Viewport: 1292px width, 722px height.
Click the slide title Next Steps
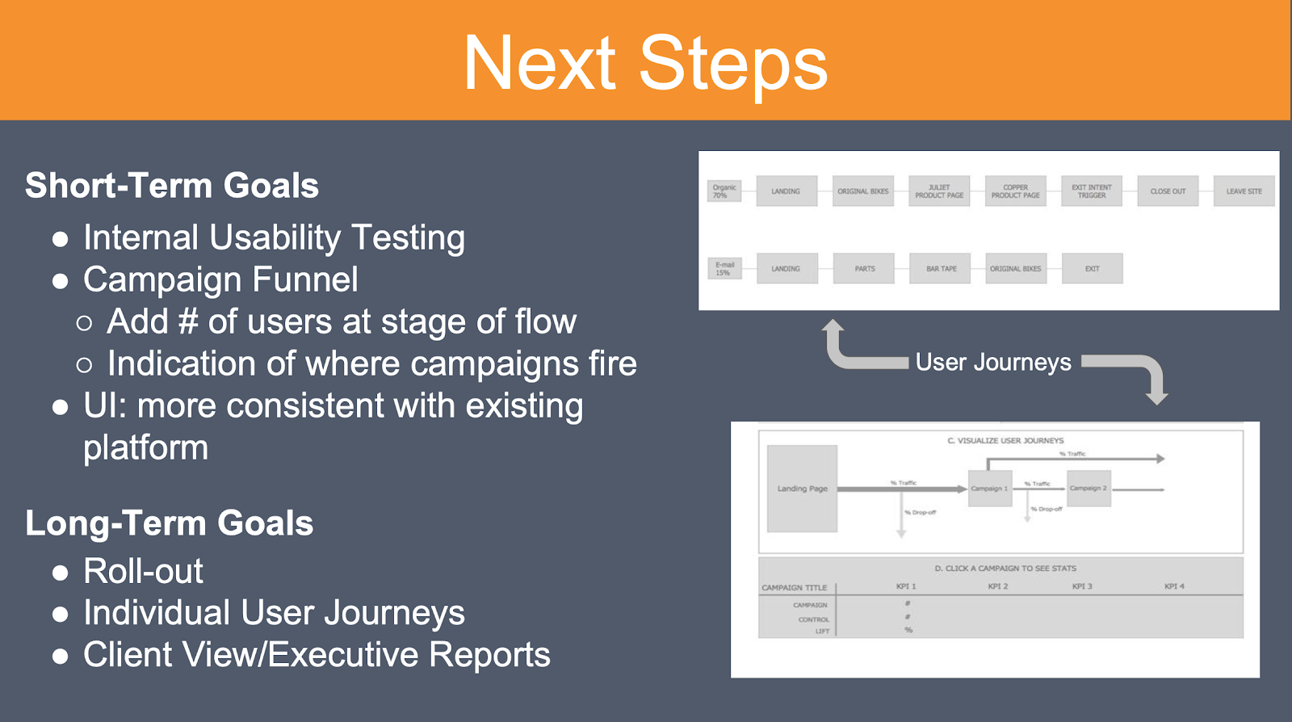(645, 63)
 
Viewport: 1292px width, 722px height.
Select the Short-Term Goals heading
(172, 186)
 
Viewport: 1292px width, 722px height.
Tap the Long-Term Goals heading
(170, 523)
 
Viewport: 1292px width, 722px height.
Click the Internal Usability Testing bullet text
(274, 238)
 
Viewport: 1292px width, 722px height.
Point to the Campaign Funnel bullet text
(220, 280)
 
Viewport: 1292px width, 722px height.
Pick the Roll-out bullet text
(143, 572)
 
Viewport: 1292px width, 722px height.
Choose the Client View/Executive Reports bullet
(317, 655)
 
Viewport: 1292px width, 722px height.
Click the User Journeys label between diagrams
(993, 363)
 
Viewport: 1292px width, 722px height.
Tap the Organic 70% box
(724, 191)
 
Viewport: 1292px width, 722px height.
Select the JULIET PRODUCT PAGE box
(938, 191)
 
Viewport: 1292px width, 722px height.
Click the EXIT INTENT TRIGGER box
(1091, 191)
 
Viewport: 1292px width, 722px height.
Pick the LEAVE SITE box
(1244, 191)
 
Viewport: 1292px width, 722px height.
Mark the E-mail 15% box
(724, 268)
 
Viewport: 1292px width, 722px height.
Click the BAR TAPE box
(941, 268)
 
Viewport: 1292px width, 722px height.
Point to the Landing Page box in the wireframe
(802, 489)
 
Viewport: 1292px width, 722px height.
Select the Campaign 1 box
(989, 489)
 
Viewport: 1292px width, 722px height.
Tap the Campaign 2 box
(1089, 489)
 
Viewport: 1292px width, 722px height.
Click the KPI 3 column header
(1082, 586)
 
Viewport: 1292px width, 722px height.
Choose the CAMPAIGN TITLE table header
(794, 588)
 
